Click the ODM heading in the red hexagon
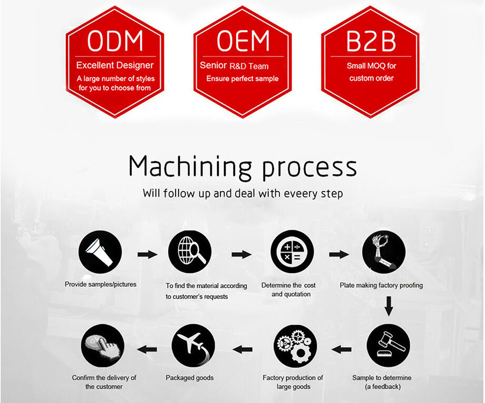[115, 42]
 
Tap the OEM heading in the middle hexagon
[243, 42]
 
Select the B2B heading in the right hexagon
[371, 42]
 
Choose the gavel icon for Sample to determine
[388, 346]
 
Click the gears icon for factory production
[295, 346]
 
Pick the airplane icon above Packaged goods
[193, 346]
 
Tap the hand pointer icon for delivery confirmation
[103, 346]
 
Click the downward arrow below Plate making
[389, 307]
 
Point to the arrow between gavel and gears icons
[342, 348]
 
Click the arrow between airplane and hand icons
[147, 348]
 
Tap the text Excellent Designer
[115, 66]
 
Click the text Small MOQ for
[371, 66]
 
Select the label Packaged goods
[190, 378]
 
